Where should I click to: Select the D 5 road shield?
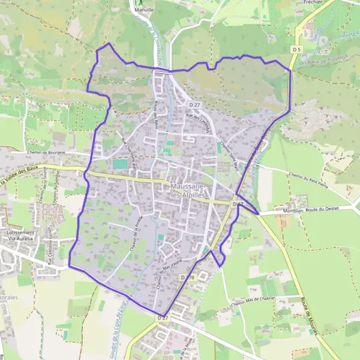[296, 49]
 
